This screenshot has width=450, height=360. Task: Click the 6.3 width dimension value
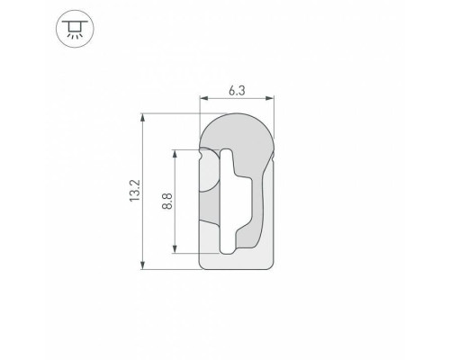(x=236, y=89)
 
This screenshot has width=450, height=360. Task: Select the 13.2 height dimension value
(x=134, y=191)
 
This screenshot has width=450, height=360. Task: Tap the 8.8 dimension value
(x=166, y=200)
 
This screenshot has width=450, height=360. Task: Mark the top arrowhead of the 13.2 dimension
(x=144, y=117)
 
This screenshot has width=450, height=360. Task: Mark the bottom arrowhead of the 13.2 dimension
(x=144, y=265)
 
